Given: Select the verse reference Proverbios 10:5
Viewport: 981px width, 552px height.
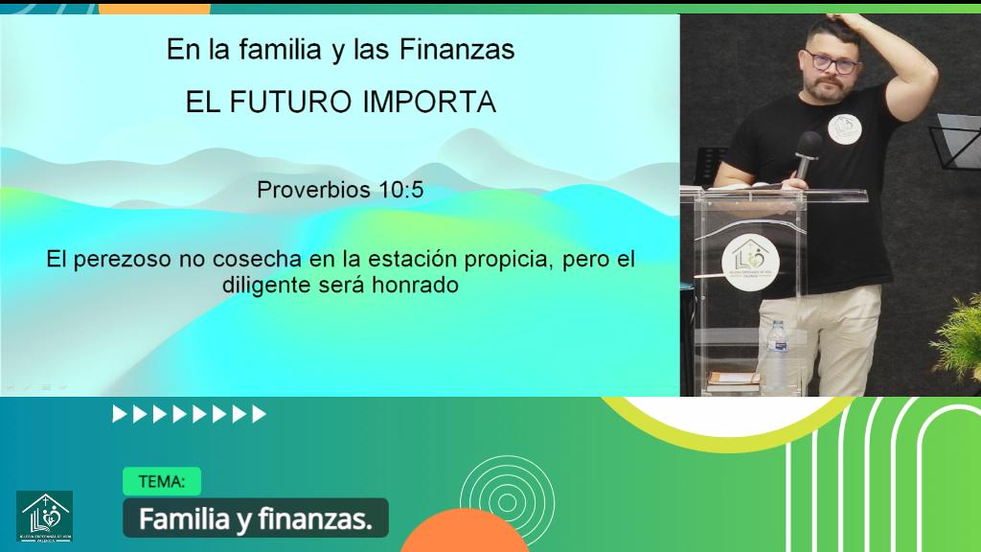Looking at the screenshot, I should click(340, 190).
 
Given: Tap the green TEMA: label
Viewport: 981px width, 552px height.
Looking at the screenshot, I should click(162, 481).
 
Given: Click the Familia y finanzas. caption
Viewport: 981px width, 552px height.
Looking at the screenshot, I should click(255, 518).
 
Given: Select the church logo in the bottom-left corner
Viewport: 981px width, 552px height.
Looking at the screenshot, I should click(44, 516).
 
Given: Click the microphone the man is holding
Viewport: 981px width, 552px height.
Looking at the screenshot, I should click(807, 152).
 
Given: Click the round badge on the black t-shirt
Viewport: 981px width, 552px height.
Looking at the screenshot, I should click(844, 128).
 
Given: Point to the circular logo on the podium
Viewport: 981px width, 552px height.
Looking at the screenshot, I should click(750, 260).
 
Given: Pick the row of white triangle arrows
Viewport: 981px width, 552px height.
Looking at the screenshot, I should click(190, 414).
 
